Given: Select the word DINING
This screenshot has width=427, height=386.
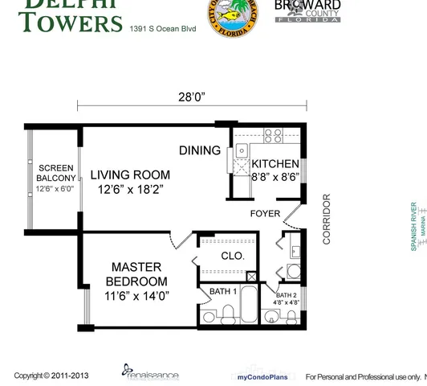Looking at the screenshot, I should point(200,150).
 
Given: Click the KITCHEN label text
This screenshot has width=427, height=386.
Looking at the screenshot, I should point(275,163).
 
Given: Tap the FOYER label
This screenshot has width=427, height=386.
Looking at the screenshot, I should point(265,214).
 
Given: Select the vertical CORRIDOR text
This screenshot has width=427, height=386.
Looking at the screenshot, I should point(327,219).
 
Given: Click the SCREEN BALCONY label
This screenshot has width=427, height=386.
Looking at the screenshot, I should point(56,173).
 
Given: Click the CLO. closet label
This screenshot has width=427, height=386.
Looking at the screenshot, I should point(233,256).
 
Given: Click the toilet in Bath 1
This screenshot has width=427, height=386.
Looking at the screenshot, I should point(210,315).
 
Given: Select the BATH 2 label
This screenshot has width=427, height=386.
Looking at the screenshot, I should point(287,295).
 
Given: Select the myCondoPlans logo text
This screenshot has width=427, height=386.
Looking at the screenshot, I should point(262,376).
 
